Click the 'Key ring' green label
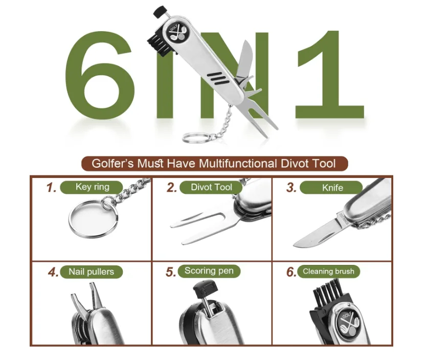(x=92, y=187)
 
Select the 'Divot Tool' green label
(x=211, y=187)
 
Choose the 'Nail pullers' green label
(x=92, y=272)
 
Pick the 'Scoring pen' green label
(x=209, y=271)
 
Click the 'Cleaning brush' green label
(x=328, y=271)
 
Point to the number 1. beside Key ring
(x=51, y=188)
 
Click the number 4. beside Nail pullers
(x=53, y=273)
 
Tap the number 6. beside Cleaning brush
(x=291, y=272)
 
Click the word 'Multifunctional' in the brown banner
(x=238, y=164)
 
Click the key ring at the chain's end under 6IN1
(x=183, y=137)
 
